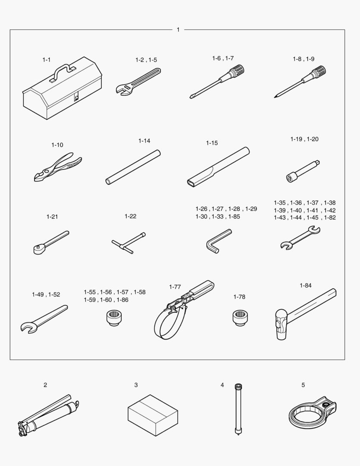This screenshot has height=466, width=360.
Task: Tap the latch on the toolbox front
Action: point(76,97)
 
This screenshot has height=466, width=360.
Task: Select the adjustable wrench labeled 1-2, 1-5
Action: point(138,82)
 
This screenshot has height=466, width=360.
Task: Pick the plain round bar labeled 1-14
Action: point(133,167)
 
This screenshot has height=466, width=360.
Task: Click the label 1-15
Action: point(212,143)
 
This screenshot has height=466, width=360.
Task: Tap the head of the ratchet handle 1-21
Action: point(39,249)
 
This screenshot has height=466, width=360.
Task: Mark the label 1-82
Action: point(330,217)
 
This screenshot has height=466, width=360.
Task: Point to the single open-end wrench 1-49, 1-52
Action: point(44,318)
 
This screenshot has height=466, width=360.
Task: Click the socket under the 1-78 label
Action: point(240,318)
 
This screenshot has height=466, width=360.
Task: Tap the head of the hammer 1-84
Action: point(281,324)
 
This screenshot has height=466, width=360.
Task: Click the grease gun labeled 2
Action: point(48,416)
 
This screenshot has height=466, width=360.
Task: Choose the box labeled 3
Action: point(153,415)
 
